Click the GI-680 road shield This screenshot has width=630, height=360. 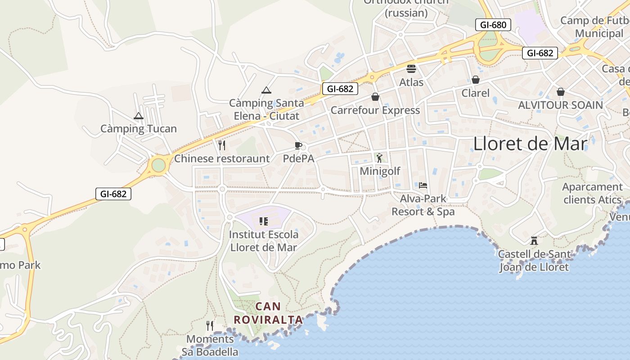coord(493,25)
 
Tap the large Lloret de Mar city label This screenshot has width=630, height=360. coord(530,144)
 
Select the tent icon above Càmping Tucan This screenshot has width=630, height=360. coord(139,116)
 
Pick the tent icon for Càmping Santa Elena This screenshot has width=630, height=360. coord(266,90)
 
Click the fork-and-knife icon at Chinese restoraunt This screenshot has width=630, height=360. coord(221,145)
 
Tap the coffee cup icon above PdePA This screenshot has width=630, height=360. coord(298,145)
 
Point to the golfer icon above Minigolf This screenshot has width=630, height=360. coord(379,158)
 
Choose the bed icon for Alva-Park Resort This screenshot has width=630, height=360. coord(423,185)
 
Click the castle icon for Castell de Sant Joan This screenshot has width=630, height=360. coord(534,241)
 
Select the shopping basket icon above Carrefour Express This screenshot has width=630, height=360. coord(375,97)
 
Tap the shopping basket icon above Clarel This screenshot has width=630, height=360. coord(476,80)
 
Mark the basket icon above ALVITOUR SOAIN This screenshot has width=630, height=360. coord(561,92)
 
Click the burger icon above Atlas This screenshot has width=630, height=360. coord(411,69)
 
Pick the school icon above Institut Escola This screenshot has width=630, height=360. coord(264,221)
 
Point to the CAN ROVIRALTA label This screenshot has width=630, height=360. coord(268,313)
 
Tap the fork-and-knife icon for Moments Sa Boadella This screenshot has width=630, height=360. coord(210,325)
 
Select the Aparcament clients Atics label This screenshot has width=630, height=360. coord(592,193)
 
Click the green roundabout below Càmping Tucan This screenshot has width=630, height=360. coord(158,165)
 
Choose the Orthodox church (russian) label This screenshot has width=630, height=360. coord(406,8)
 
